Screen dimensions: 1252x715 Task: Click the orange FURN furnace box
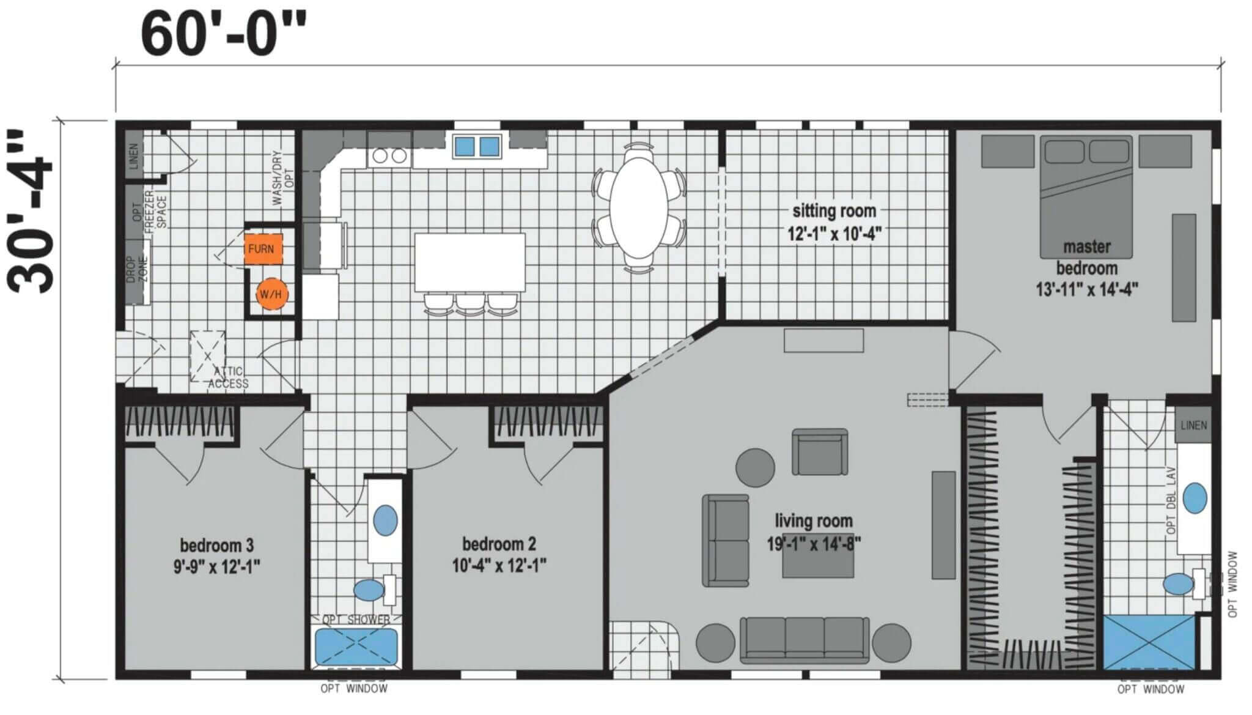tap(263, 249)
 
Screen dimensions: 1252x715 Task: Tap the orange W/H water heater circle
tap(271, 294)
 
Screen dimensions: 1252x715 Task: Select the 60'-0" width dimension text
tap(223, 34)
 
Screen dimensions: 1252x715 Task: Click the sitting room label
tap(834, 211)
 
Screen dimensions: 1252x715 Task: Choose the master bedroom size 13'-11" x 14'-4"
tap(1086, 289)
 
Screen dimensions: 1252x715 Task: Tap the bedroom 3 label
tap(217, 545)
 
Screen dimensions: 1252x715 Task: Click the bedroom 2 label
tap(499, 544)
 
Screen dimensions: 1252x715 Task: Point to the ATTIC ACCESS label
tap(228, 377)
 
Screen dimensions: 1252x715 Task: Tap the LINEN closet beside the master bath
tap(1193, 425)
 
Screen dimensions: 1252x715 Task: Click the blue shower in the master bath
tap(1149, 642)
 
